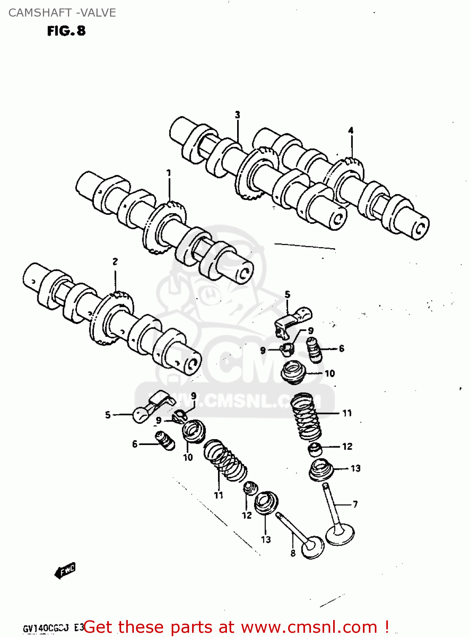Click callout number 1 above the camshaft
click(169, 173)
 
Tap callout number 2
click(115, 262)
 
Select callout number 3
click(238, 115)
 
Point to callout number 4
click(351, 130)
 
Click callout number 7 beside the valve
click(355, 504)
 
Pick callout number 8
click(293, 553)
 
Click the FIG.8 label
click(66, 31)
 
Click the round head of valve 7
click(340, 535)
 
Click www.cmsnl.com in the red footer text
click(309, 627)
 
